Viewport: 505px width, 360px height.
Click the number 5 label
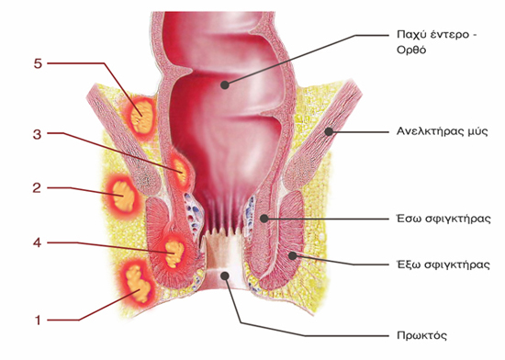point(38,63)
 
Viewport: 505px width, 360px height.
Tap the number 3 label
point(38,134)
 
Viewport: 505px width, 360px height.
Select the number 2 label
point(37,187)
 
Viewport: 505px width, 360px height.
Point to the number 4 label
point(38,242)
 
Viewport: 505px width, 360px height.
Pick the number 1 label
point(38,321)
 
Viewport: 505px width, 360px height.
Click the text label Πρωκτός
point(422,335)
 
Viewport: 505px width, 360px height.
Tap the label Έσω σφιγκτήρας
point(443,219)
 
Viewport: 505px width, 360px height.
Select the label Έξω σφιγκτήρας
point(443,264)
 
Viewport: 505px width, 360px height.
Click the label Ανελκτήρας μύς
point(443,131)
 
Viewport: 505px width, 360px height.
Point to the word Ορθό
point(411,51)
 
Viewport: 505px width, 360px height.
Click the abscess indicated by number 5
point(140,117)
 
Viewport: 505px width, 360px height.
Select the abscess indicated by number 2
point(122,196)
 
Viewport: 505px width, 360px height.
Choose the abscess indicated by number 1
point(138,284)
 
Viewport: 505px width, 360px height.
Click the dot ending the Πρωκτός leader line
point(225,276)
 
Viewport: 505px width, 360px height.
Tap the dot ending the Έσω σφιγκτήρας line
point(264,219)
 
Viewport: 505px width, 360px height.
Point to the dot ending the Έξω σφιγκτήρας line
point(292,255)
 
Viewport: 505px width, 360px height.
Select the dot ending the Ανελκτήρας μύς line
point(329,131)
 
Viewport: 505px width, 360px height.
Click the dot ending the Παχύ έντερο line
point(224,85)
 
